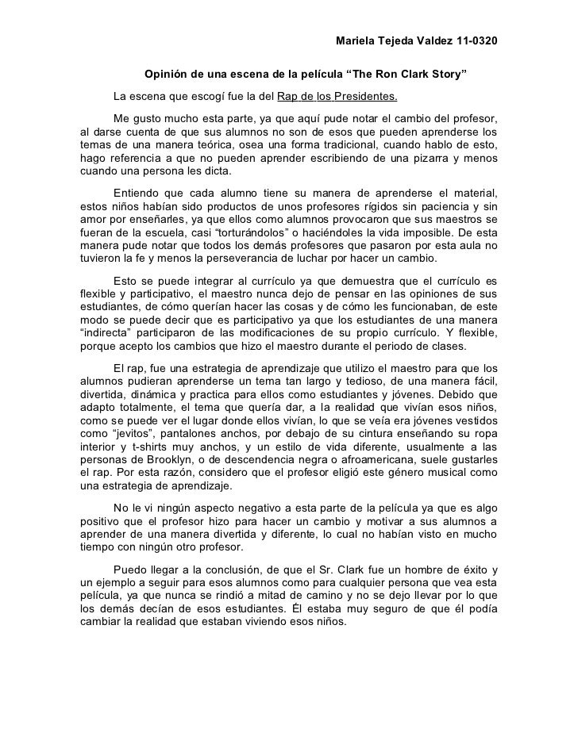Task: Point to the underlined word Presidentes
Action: (x=365, y=98)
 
